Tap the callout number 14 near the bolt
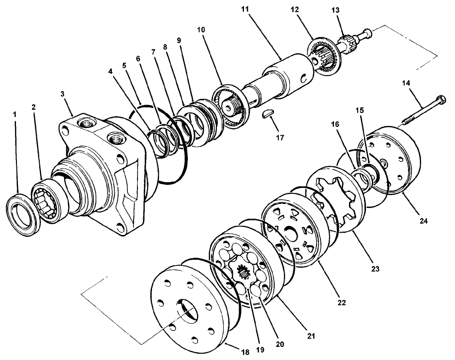pos(405,84)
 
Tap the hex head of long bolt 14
pos(440,102)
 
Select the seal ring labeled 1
pos(23,214)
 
